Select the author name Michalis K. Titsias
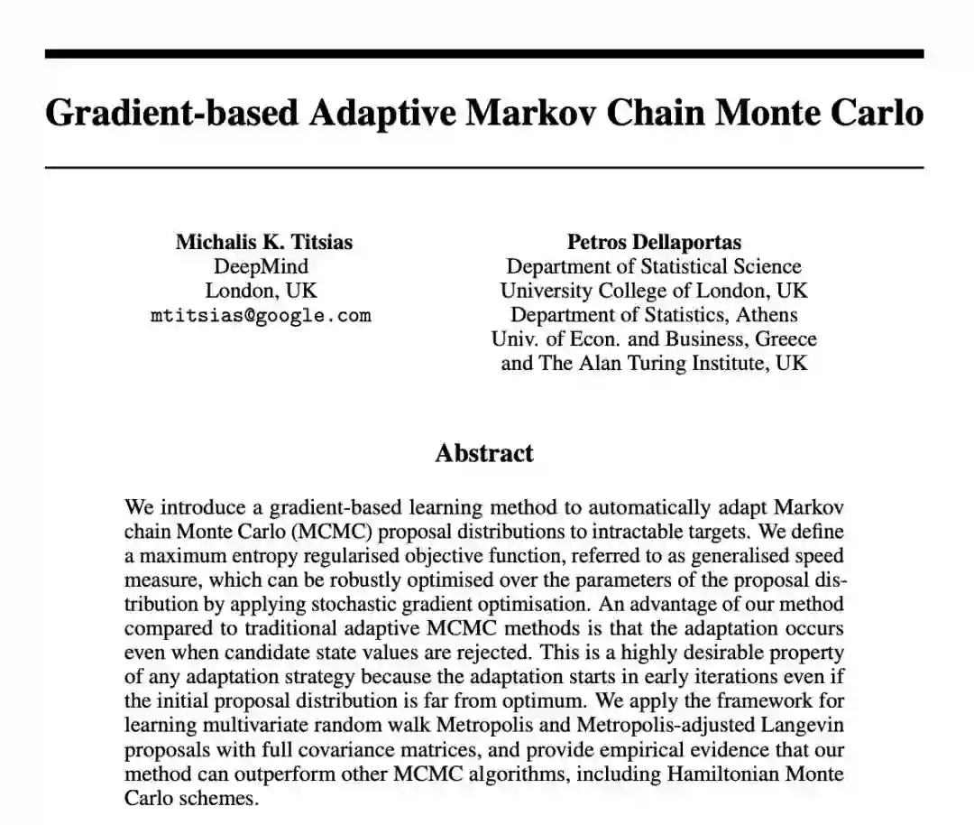[x=264, y=242]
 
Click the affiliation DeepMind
[x=261, y=266]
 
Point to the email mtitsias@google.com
[x=261, y=316]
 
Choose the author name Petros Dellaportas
[x=654, y=242]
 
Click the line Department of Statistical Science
[x=654, y=266]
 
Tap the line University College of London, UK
[x=654, y=291]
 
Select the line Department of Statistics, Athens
[x=654, y=315]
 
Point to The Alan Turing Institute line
[x=654, y=364]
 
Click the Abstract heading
[x=484, y=452]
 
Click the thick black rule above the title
[x=484, y=54]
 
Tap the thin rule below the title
[x=484, y=168]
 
